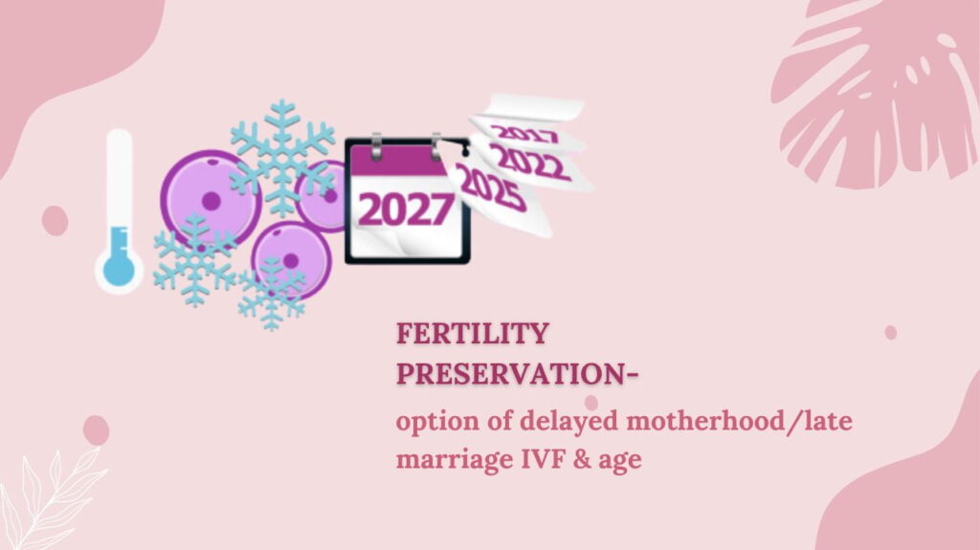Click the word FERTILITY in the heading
pos(473,333)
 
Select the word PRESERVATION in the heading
pos(510,374)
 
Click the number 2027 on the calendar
pos(406,209)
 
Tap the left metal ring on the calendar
pos(376,147)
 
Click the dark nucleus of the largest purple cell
pos(212,201)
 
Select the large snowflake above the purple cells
pos(282,156)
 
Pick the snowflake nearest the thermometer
pos(195,260)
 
